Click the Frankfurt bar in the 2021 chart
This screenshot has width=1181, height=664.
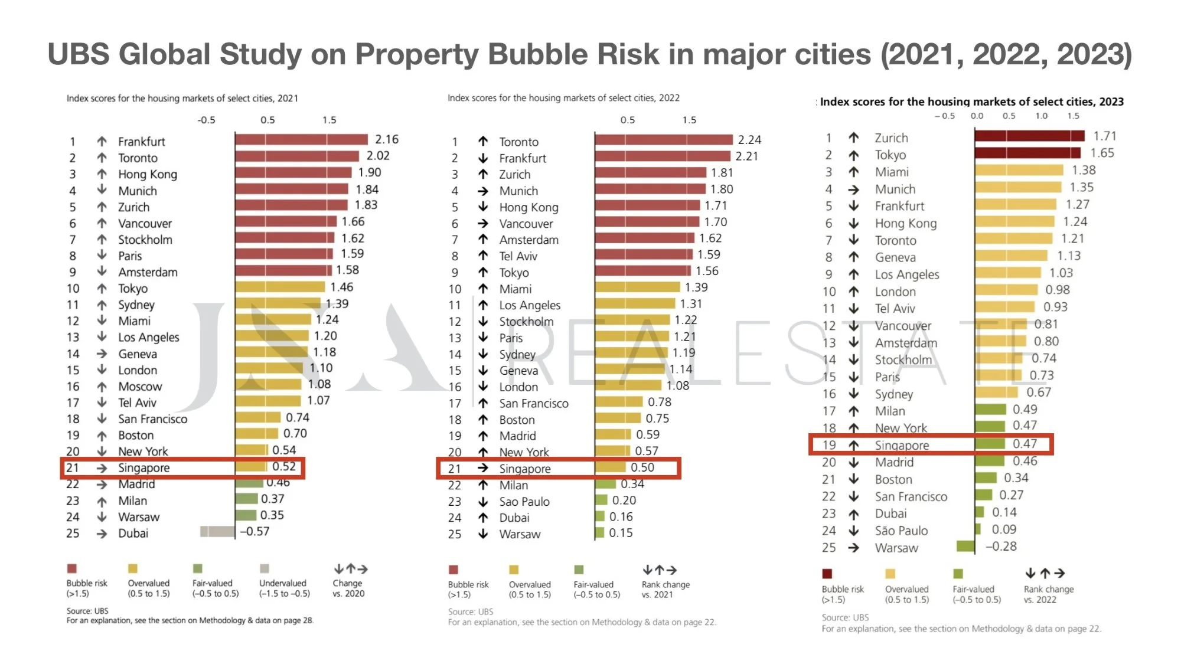pyautogui.click(x=301, y=140)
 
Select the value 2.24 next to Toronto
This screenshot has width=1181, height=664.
pyautogui.click(x=749, y=140)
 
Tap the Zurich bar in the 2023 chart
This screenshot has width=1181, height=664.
pyautogui.click(x=1029, y=136)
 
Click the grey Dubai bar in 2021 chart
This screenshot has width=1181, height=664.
pyautogui.click(x=217, y=532)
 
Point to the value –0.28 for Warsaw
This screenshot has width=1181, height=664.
pyautogui.click(x=1001, y=547)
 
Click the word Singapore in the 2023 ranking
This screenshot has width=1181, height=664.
pyautogui.click(x=902, y=446)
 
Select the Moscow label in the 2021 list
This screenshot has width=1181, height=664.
pyautogui.click(x=140, y=387)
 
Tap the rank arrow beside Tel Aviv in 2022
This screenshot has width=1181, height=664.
pyautogui.click(x=483, y=256)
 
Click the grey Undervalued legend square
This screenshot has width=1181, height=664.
pyautogui.click(x=265, y=568)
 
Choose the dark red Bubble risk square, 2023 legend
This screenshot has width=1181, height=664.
pyautogui.click(x=827, y=574)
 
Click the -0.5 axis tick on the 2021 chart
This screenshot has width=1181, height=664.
pyautogui.click(x=206, y=120)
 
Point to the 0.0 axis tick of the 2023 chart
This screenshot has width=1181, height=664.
pyautogui.click(x=977, y=116)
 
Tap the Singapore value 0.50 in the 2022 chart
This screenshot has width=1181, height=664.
pyautogui.click(x=642, y=467)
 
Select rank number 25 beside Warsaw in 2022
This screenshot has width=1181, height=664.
pyautogui.click(x=454, y=534)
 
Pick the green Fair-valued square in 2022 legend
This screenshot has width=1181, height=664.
pyautogui.click(x=579, y=570)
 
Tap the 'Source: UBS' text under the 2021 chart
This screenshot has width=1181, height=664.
pyautogui.click(x=87, y=611)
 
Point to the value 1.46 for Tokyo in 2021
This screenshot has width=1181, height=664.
pyautogui.click(x=341, y=287)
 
